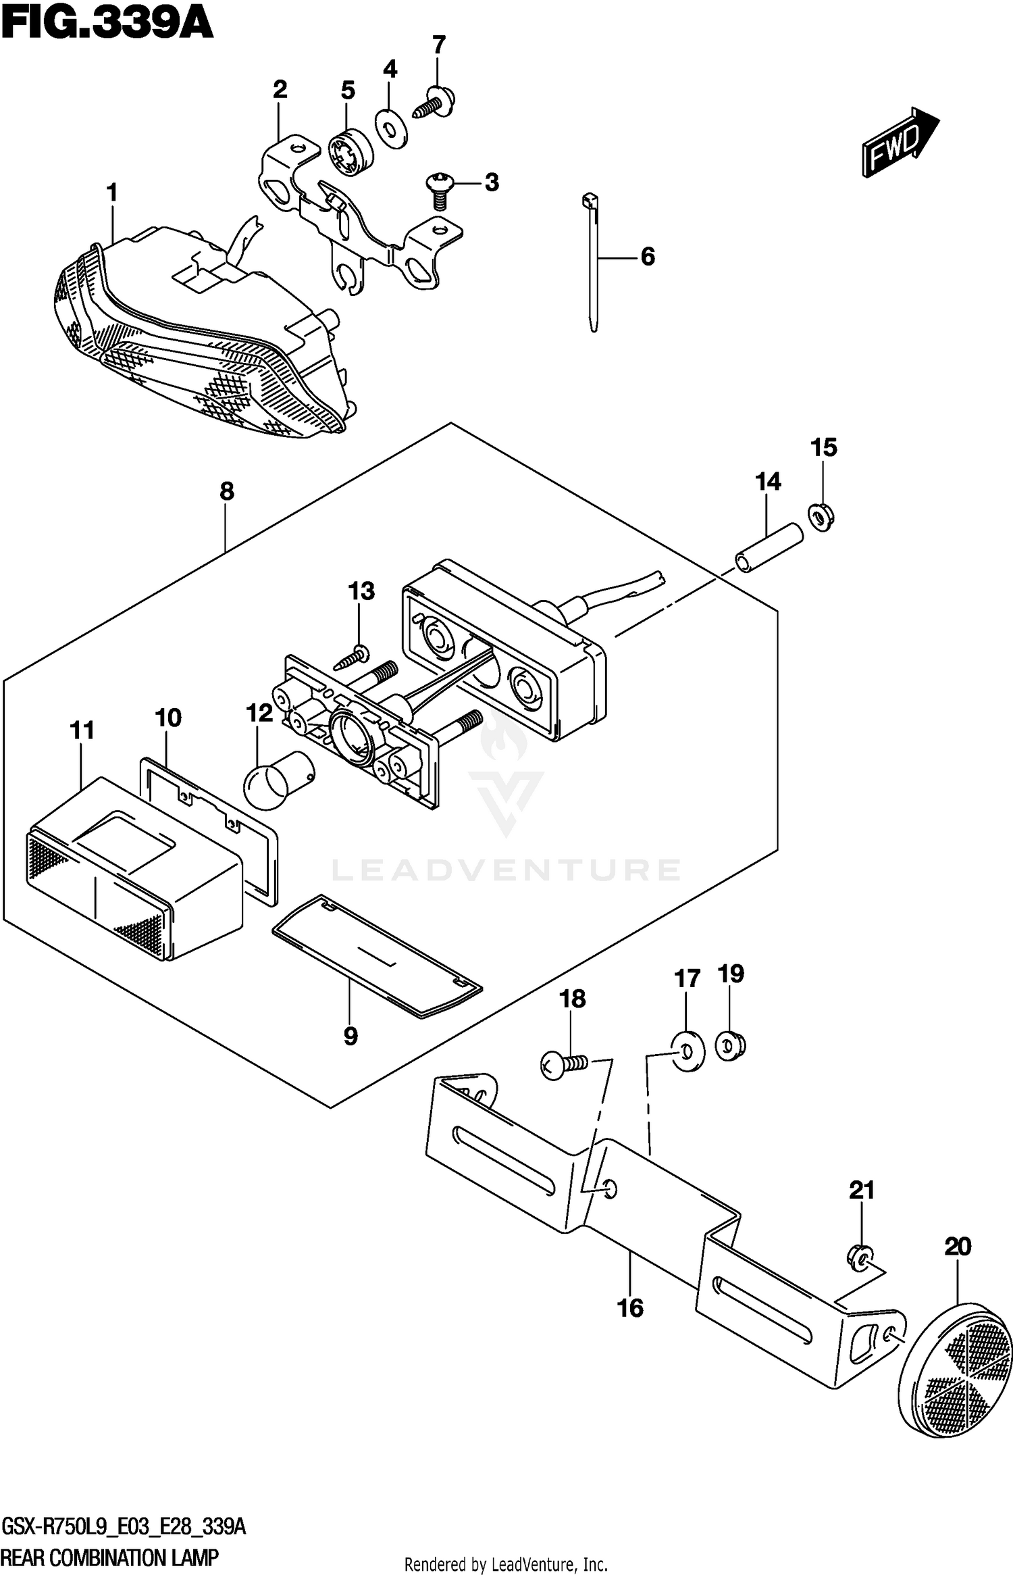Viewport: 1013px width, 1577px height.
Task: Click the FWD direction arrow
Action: point(899,143)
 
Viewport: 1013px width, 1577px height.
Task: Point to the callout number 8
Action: point(226,491)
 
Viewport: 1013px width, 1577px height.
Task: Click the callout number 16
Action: point(630,1308)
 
